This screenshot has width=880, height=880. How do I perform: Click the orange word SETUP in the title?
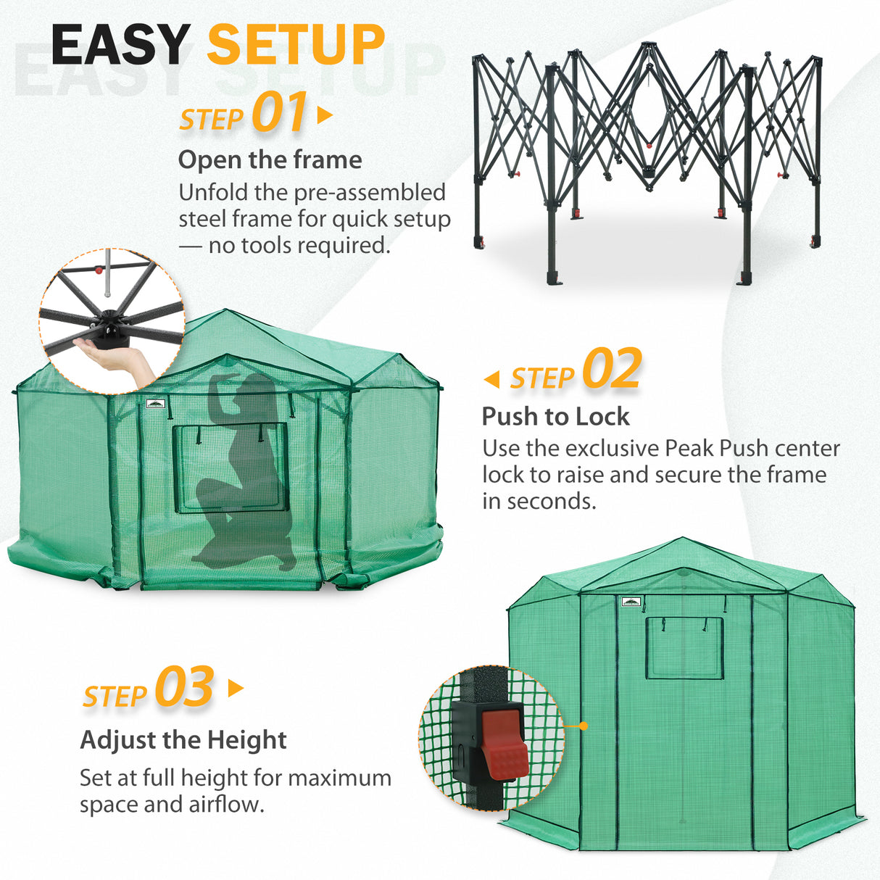pyautogui.click(x=296, y=46)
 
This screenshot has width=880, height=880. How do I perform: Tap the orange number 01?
pyautogui.click(x=280, y=114)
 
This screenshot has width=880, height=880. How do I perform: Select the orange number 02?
pyautogui.click(x=612, y=370)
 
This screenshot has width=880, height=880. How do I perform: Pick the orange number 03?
pyautogui.click(x=184, y=687)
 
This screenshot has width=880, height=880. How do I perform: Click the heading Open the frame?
pyautogui.click(x=270, y=159)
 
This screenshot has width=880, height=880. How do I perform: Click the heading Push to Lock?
pyautogui.click(x=555, y=416)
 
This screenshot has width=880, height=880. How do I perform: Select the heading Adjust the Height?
pyautogui.click(x=183, y=740)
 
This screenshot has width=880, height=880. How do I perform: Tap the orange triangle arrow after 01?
pyautogui.click(x=325, y=115)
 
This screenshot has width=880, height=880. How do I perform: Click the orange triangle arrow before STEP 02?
pyautogui.click(x=491, y=378)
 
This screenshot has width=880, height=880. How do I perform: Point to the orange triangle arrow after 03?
pyautogui.click(x=236, y=688)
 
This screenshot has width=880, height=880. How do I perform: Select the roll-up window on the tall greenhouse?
pyautogui.click(x=684, y=647)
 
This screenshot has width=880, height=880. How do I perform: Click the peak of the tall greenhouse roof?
pyautogui.click(x=683, y=539)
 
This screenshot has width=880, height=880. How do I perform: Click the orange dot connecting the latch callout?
pyautogui.click(x=584, y=725)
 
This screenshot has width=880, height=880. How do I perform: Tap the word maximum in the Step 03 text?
pyautogui.click(x=339, y=778)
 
